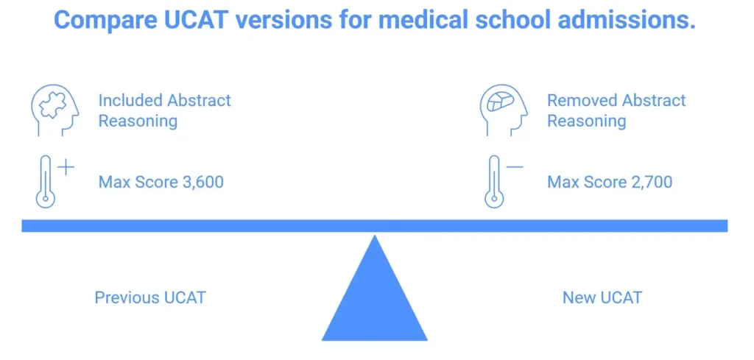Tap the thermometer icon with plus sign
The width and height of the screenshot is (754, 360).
coord(46,182)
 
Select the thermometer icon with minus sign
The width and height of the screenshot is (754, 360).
coord(493,182)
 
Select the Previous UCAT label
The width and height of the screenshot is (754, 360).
coord(150,298)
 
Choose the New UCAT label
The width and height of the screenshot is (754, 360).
coord(602,298)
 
